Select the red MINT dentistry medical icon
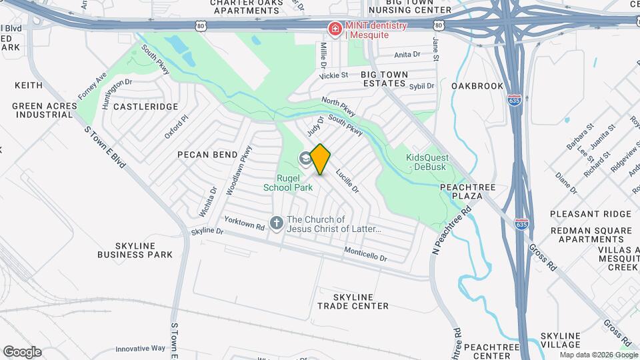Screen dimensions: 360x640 point(334,29)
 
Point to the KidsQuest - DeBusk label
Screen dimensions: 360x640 point(428,162)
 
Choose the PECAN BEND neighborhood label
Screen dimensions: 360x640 point(207,155)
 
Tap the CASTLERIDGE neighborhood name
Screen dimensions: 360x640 point(146,107)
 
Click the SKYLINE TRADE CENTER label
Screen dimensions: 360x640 point(353,301)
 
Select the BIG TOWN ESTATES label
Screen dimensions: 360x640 point(383,79)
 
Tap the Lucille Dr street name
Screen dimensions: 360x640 point(347,181)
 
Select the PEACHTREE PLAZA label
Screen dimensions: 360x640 point(467,192)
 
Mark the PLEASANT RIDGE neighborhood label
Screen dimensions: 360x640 point(590,214)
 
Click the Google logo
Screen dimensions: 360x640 point(22,352)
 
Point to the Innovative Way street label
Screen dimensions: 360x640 point(140,349)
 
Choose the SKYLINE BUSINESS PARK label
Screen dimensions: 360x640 point(135,250)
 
